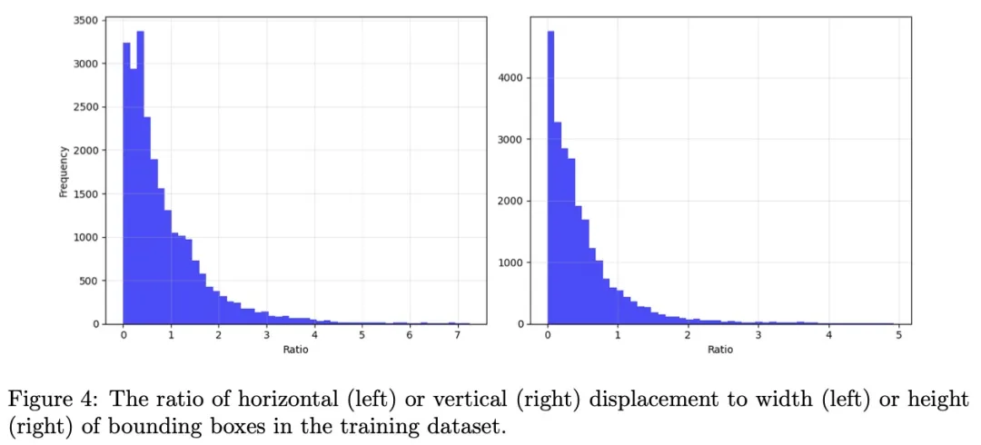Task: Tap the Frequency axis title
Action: [64, 170]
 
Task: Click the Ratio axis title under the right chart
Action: [720, 350]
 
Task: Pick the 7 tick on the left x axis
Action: [457, 335]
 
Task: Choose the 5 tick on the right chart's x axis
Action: [898, 335]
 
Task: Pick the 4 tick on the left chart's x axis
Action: [314, 335]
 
